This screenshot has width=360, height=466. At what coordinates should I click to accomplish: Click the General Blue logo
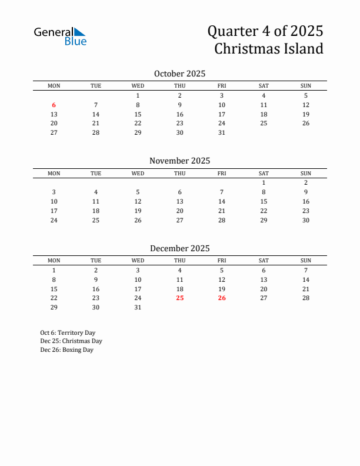pyautogui.click(x=60, y=36)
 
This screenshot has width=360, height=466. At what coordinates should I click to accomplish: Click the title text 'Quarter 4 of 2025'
pyautogui.click(x=266, y=31)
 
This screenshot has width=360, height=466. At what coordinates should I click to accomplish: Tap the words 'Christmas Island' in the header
pyautogui.click(x=268, y=48)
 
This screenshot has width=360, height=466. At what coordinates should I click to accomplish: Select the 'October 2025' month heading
pyautogui.click(x=179, y=74)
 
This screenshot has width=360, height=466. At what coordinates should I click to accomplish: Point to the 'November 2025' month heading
pyautogui.click(x=179, y=161)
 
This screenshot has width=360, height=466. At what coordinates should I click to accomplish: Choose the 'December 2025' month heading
pyautogui.click(x=179, y=248)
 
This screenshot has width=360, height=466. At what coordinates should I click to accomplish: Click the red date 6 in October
pyautogui.click(x=54, y=105)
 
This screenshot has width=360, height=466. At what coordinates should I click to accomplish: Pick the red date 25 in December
pyautogui.click(x=180, y=298)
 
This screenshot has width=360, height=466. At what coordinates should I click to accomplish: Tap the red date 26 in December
pyautogui.click(x=222, y=298)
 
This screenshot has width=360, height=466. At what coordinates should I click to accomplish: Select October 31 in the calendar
pyautogui.click(x=222, y=132)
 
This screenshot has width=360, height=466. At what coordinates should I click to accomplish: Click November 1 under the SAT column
pyautogui.click(x=264, y=182)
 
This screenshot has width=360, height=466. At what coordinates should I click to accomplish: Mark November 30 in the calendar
pyautogui.click(x=306, y=220)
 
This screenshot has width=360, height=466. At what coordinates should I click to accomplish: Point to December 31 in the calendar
pyautogui.click(x=138, y=307)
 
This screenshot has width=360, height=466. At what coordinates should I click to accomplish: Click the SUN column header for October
pyautogui.click(x=306, y=86)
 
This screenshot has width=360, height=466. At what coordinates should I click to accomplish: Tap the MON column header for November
pyautogui.click(x=54, y=173)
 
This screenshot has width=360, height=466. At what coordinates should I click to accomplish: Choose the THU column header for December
pyautogui.click(x=180, y=261)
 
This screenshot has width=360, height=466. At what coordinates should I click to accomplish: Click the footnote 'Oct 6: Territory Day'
pyautogui.click(x=68, y=332)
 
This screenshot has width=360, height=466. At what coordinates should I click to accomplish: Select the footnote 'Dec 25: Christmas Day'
pyautogui.click(x=71, y=341)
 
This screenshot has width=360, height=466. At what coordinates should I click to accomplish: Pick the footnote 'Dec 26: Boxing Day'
pyautogui.click(x=67, y=350)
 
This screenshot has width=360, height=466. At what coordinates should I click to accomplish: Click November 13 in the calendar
pyautogui.click(x=180, y=201)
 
